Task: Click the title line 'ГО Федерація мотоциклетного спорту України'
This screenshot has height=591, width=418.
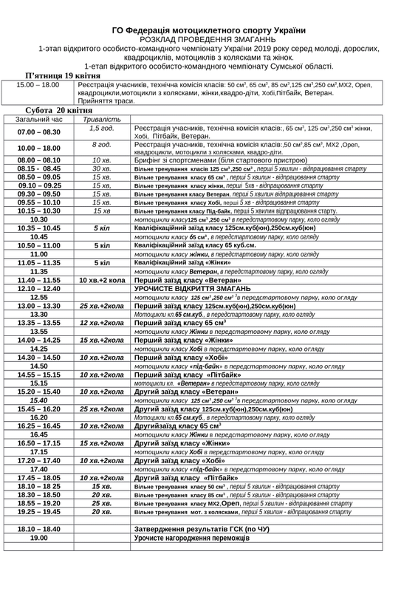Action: pyautogui.click(x=209, y=30)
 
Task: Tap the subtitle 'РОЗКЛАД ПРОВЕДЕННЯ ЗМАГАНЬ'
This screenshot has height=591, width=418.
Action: pyautogui.click(x=209, y=40)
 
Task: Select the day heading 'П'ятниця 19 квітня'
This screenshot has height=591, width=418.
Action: pyautogui.click(x=61, y=77)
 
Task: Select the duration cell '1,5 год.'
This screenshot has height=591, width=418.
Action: pyautogui.click(x=102, y=128)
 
